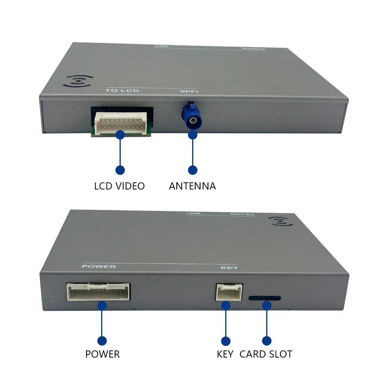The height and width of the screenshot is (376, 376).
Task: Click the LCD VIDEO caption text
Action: point(119,186)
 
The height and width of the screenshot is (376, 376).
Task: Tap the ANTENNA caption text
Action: point(192,186)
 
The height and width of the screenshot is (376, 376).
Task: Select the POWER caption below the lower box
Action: point(102,354)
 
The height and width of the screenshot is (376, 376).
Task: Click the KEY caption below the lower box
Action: point(225,354)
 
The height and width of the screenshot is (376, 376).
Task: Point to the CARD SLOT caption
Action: point(266,354)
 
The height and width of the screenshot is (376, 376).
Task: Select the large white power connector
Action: point(99,292)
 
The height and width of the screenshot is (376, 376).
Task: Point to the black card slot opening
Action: point(264,298)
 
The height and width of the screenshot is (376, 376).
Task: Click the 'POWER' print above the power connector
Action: point(99,267)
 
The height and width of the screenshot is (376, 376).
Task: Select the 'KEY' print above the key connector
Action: point(229,268)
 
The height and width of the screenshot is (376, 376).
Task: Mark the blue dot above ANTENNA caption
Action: point(193,170)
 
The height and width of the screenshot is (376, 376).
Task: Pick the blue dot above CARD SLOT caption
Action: point(267,341)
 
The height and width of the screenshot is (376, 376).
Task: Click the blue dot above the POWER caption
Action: point(102,341)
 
